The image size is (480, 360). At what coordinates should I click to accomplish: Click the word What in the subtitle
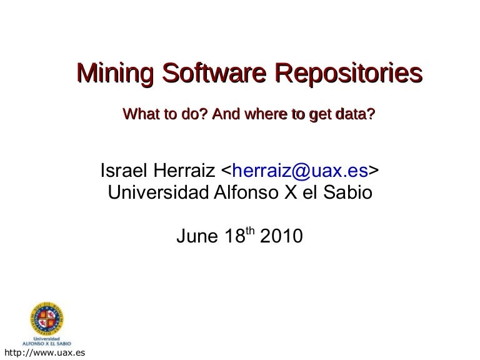point(139,114)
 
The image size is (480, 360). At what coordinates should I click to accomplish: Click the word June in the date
point(195,237)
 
